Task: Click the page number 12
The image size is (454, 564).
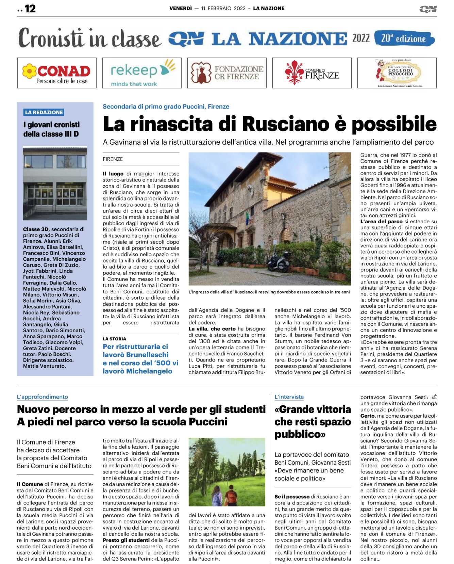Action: click(30, 9)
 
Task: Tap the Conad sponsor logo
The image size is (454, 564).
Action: click(57, 73)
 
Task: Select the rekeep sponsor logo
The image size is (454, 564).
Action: click(142, 73)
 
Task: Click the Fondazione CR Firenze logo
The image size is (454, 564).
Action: click(227, 73)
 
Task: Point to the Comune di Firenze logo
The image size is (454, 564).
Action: click(312, 73)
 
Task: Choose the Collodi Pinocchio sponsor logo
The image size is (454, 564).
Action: click(397, 73)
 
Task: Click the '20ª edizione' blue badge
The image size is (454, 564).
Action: click(404, 38)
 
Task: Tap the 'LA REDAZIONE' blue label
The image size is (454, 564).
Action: click(44, 112)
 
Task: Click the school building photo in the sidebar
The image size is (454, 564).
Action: click(55, 183)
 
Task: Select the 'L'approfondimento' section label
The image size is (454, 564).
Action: click(43, 397)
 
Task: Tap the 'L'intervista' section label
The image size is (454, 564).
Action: click(289, 397)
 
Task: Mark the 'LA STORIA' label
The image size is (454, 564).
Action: click(114, 339)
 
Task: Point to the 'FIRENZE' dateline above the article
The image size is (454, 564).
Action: click(113, 159)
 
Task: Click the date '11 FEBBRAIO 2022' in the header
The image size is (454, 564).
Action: click(223, 9)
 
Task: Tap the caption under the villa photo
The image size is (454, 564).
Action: click(269, 292)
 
